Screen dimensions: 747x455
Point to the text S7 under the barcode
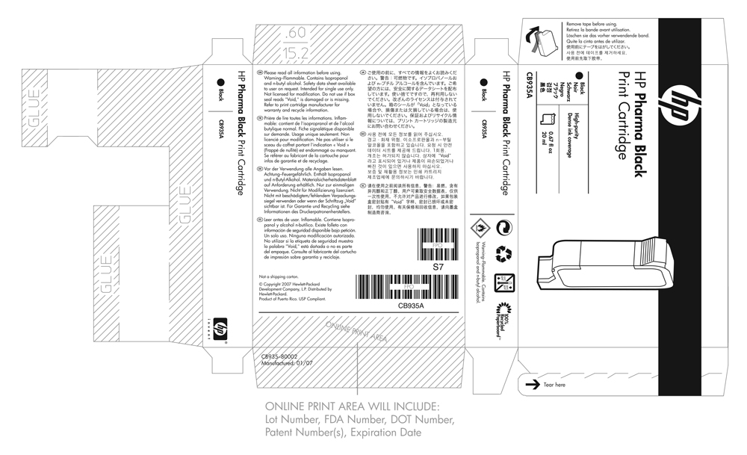[x=428, y=265]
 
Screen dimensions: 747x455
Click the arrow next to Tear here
[x=533, y=384]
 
